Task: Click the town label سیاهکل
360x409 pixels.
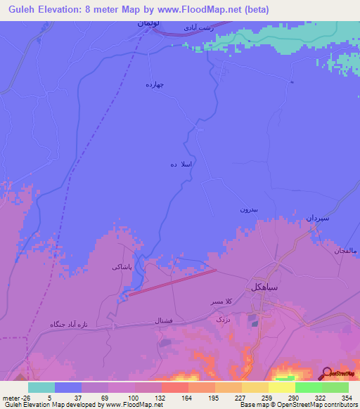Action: tap(266, 287)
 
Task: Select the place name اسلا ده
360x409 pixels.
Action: tap(181, 164)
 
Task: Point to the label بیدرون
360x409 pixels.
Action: tap(250, 209)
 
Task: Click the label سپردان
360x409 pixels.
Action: tap(316, 219)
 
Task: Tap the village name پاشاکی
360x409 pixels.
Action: tap(122, 268)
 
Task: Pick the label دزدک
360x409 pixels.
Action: tap(222, 318)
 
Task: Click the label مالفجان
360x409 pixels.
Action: tap(333, 251)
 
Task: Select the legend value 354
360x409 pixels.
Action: tap(347, 397)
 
